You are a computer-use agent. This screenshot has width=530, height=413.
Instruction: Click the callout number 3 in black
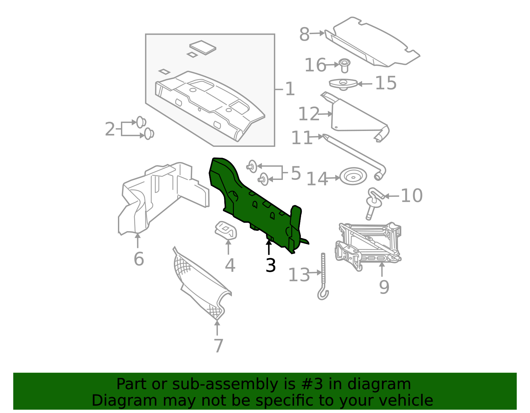[x=271, y=265]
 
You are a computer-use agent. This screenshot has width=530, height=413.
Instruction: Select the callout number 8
[x=304, y=34]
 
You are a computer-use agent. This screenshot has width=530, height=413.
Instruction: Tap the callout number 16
[x=315, y=65]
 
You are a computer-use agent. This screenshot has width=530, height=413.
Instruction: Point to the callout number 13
[x=299, y=275]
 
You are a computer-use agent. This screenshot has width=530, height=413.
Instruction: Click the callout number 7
[x=218, y=346]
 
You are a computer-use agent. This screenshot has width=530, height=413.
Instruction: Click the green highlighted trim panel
[x=255, y=205]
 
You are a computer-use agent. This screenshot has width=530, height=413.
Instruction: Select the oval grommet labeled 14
[x=353, y=176]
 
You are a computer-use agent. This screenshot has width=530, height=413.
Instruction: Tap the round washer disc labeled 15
[x=343, y=83]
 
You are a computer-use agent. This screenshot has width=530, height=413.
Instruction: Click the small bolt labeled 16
[x=345, y=65]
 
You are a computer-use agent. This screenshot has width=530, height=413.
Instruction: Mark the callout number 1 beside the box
[x=290, y=89]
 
